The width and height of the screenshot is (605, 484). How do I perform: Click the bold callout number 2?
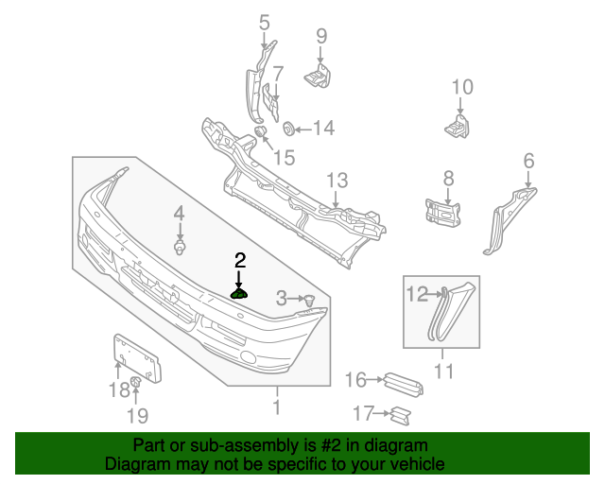240,259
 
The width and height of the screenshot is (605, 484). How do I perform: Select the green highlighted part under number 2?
240,293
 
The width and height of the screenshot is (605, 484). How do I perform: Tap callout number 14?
323,128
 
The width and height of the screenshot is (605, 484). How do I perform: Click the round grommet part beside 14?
289,128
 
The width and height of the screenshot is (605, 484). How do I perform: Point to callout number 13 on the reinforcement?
337,181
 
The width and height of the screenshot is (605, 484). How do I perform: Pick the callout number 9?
321,36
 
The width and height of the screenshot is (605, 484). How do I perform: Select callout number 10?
461,88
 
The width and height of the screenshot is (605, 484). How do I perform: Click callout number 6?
528,161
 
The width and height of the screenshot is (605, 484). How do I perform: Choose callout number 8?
448,178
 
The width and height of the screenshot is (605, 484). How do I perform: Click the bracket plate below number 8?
442,212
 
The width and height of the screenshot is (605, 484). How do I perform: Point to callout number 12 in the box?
417,294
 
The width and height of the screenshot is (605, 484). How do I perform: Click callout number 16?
355,380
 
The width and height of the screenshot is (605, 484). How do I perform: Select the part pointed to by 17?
402,413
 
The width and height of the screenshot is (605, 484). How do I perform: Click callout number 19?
137,415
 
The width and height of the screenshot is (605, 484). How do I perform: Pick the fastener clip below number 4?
179,248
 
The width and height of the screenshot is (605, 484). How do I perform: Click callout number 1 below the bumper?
277,408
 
